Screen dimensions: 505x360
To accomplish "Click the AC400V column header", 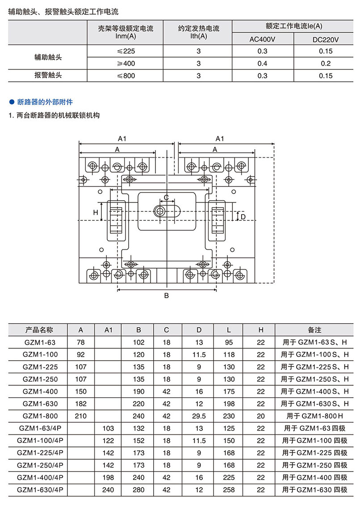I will click(262, 39).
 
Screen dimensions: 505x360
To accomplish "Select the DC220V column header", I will click(326, 39).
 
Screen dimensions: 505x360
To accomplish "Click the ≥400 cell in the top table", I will click(125, 63).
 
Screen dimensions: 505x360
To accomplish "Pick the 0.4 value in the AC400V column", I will click(262, 63).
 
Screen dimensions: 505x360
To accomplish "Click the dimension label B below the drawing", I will click(166, 296).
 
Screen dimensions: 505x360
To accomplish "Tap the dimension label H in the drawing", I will click(95, 213).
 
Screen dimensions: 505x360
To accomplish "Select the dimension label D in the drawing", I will click(243, 217).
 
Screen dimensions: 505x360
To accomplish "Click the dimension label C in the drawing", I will click(166, 197).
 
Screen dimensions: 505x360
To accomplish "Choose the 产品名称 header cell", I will click(38, 330).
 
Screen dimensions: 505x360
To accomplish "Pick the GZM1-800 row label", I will click(38, 415).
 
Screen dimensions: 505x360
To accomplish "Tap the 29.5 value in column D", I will click(199, 415).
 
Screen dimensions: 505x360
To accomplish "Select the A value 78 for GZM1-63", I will click(81, 343).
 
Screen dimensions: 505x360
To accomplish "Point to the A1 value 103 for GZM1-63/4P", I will click(108, 428).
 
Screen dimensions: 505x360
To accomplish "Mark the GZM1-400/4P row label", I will click(38, 477).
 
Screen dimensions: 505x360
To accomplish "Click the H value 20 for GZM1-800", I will click(261, 415).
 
